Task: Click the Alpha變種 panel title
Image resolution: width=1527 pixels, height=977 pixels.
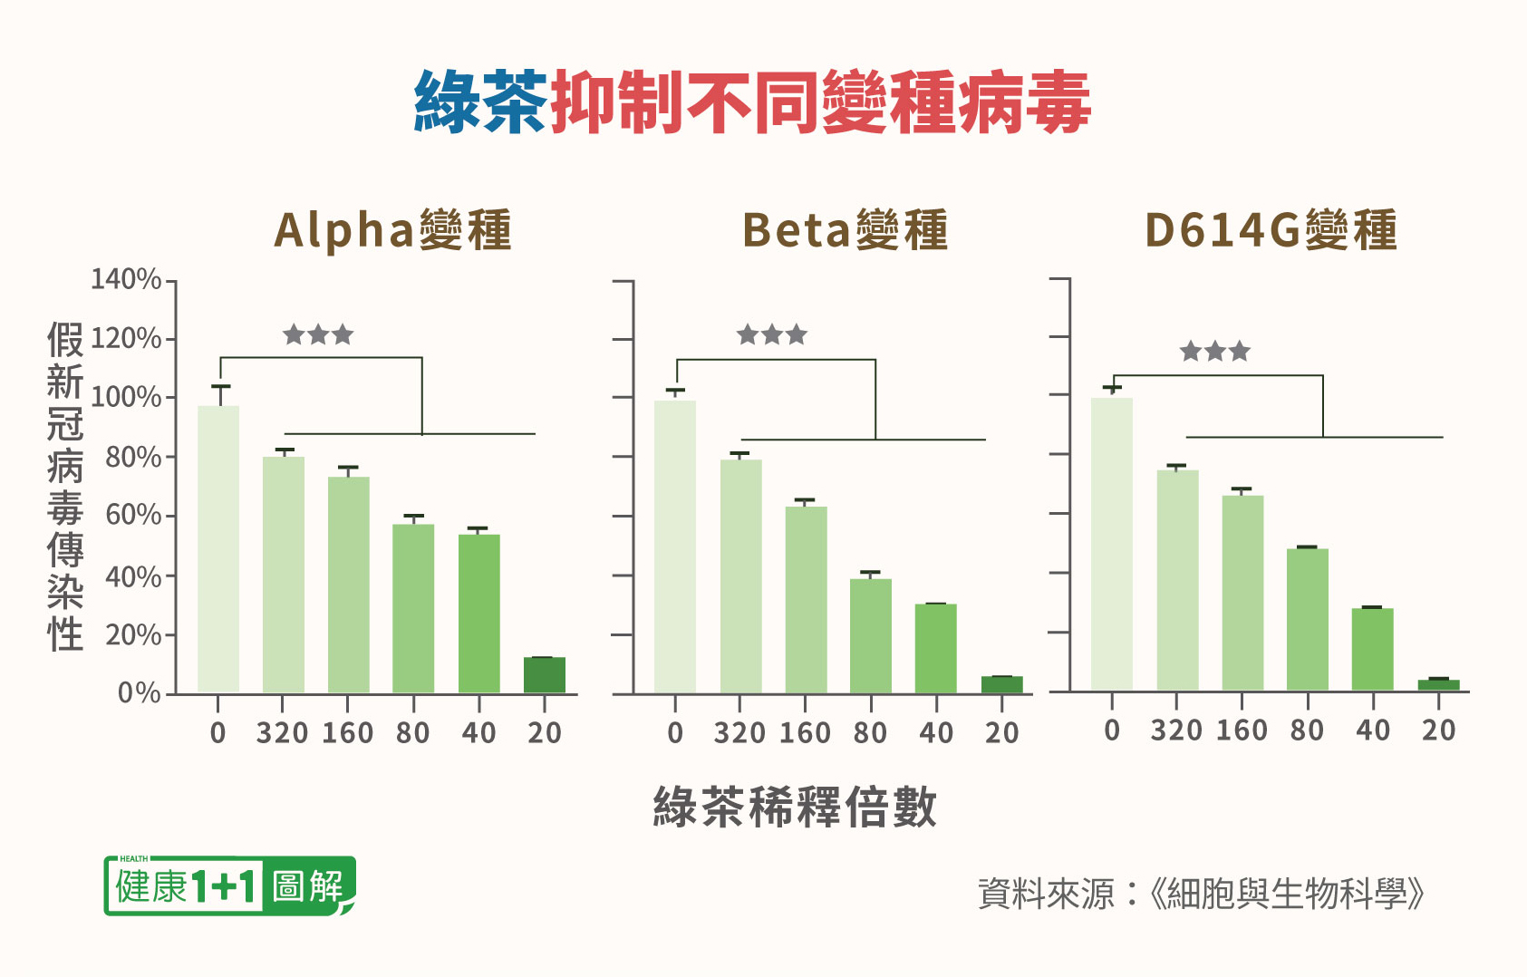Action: (x=392, y=230)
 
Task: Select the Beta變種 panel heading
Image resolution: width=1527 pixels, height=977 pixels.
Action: (x=845, y=230)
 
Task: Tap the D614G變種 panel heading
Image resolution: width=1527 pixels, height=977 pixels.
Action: (x=1271, y=230)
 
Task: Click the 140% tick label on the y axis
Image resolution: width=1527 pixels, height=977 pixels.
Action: (x=126, y=279)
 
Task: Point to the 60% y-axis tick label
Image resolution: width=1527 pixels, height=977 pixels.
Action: (x=133, y=515)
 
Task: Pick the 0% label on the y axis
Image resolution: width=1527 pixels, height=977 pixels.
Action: (x=140, y=692)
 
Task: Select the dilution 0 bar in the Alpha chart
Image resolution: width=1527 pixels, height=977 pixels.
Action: (x=218, y=548)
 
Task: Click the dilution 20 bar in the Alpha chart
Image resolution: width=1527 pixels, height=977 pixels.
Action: (x=545, y=675)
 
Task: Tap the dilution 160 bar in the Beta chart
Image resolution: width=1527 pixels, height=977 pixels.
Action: (x=806, y=599)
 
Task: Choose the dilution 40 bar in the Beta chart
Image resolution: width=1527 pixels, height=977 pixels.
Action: (x=936, y=648)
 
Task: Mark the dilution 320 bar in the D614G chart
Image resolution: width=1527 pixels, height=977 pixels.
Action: (x=1177, y=580)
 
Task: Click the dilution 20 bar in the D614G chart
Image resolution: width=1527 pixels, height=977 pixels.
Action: (x=1438, y=684)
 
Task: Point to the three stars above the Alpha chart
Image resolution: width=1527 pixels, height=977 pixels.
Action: (x=318, y=335)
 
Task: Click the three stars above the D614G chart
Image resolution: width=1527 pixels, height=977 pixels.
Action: (x=1214, y=352)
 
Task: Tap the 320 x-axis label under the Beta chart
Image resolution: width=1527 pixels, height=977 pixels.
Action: (x=739, y=732)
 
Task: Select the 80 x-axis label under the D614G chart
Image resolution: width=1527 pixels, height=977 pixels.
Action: (x=1307, y=730)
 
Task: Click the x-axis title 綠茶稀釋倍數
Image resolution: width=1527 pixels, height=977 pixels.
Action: (x=795, y=807)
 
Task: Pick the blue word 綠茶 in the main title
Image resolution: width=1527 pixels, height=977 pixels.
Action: (x=480, y=102)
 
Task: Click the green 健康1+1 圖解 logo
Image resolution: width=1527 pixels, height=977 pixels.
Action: (x=230, y=885)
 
